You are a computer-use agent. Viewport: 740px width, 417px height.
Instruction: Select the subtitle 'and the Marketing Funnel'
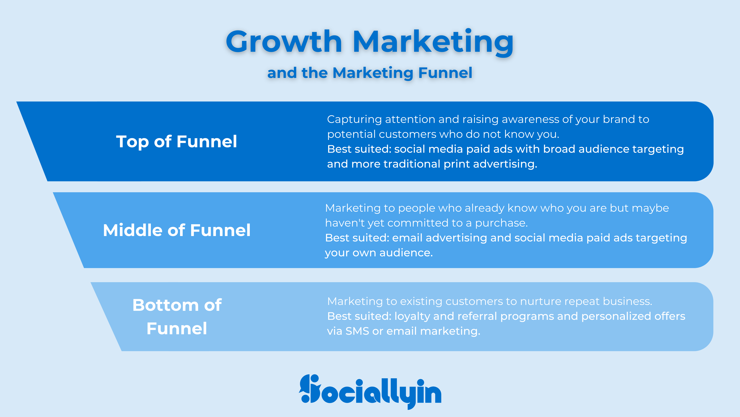pyautogui.click(x=370, y=73)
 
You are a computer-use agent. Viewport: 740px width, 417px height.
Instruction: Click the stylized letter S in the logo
pyautogui.click(x=310, y=389)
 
